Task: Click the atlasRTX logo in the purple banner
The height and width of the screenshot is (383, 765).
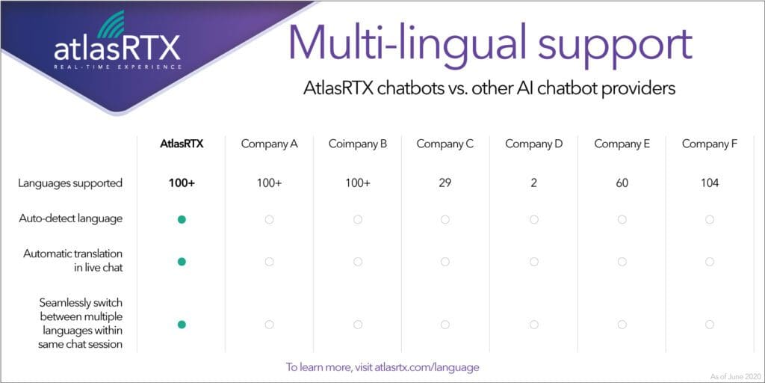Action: point(117,44)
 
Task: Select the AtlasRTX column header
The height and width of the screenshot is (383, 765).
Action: point(182,144)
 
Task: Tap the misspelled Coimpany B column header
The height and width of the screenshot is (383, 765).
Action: point(358,144)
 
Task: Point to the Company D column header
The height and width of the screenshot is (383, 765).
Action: point(533,144)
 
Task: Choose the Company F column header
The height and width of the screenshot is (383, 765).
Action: point(710,144)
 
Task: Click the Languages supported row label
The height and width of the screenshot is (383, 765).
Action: point(70,184)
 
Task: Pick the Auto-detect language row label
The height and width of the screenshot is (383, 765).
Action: point(71,219)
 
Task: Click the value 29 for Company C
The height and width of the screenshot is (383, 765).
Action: point(445,184)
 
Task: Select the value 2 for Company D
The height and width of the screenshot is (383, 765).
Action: point(533,184)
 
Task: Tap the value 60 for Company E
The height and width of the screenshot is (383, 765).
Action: point(622,184)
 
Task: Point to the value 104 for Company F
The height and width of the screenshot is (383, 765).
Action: point(710,184)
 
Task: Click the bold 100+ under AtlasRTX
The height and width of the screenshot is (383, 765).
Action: point(182,184)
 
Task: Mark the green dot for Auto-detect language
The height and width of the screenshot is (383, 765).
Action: point(182,220)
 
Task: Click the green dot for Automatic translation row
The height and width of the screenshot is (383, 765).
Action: point(182,262)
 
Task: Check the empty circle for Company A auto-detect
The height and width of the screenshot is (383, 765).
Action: point(269,220)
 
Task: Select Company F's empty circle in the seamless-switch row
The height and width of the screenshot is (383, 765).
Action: point(710,325)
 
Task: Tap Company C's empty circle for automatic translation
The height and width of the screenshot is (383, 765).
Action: point(445,262)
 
